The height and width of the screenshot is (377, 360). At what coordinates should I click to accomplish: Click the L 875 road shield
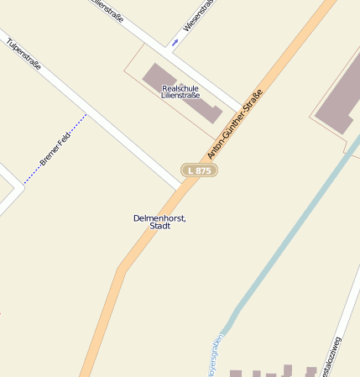(200, 170)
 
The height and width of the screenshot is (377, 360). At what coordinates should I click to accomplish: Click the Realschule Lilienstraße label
(180, 92)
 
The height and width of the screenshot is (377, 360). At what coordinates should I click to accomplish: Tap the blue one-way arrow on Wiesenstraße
(175, 41)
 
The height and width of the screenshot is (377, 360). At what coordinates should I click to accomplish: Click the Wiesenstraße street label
(199, 16)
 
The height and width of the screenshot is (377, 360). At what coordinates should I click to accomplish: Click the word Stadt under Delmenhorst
(159, 226)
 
